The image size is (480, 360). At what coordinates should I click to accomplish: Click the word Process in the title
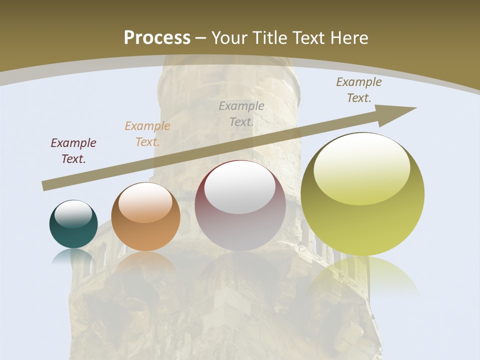point(157,38)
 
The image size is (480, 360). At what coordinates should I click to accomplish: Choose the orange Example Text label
point(147,134)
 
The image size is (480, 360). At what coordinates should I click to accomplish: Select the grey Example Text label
point(241,113)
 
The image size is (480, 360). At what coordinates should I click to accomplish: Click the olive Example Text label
point(358,90)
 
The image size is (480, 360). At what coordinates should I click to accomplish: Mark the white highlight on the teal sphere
point(73,213)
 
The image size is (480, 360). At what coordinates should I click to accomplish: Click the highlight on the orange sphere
point(145,202)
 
